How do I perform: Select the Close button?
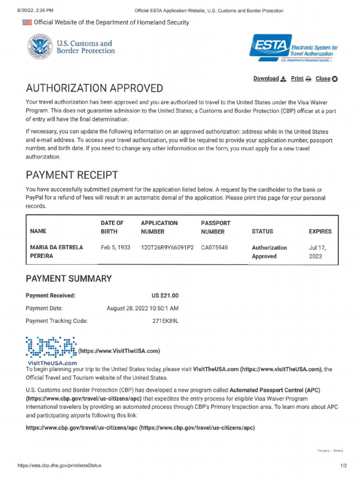[326, 79]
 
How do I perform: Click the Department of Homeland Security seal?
[40, 47]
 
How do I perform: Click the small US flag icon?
[27, 22]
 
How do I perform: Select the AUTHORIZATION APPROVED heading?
[94, 89]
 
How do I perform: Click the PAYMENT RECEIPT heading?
[72, 175]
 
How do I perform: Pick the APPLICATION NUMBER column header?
[159, 227]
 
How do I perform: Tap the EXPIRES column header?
[320, 232]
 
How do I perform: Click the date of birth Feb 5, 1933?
[116, 247]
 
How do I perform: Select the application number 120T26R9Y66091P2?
[167, 247]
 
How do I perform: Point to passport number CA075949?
[214, 247]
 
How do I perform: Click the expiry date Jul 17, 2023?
[315, 252]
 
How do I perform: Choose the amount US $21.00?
[165, 296]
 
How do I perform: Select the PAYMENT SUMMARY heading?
[68, 279]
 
